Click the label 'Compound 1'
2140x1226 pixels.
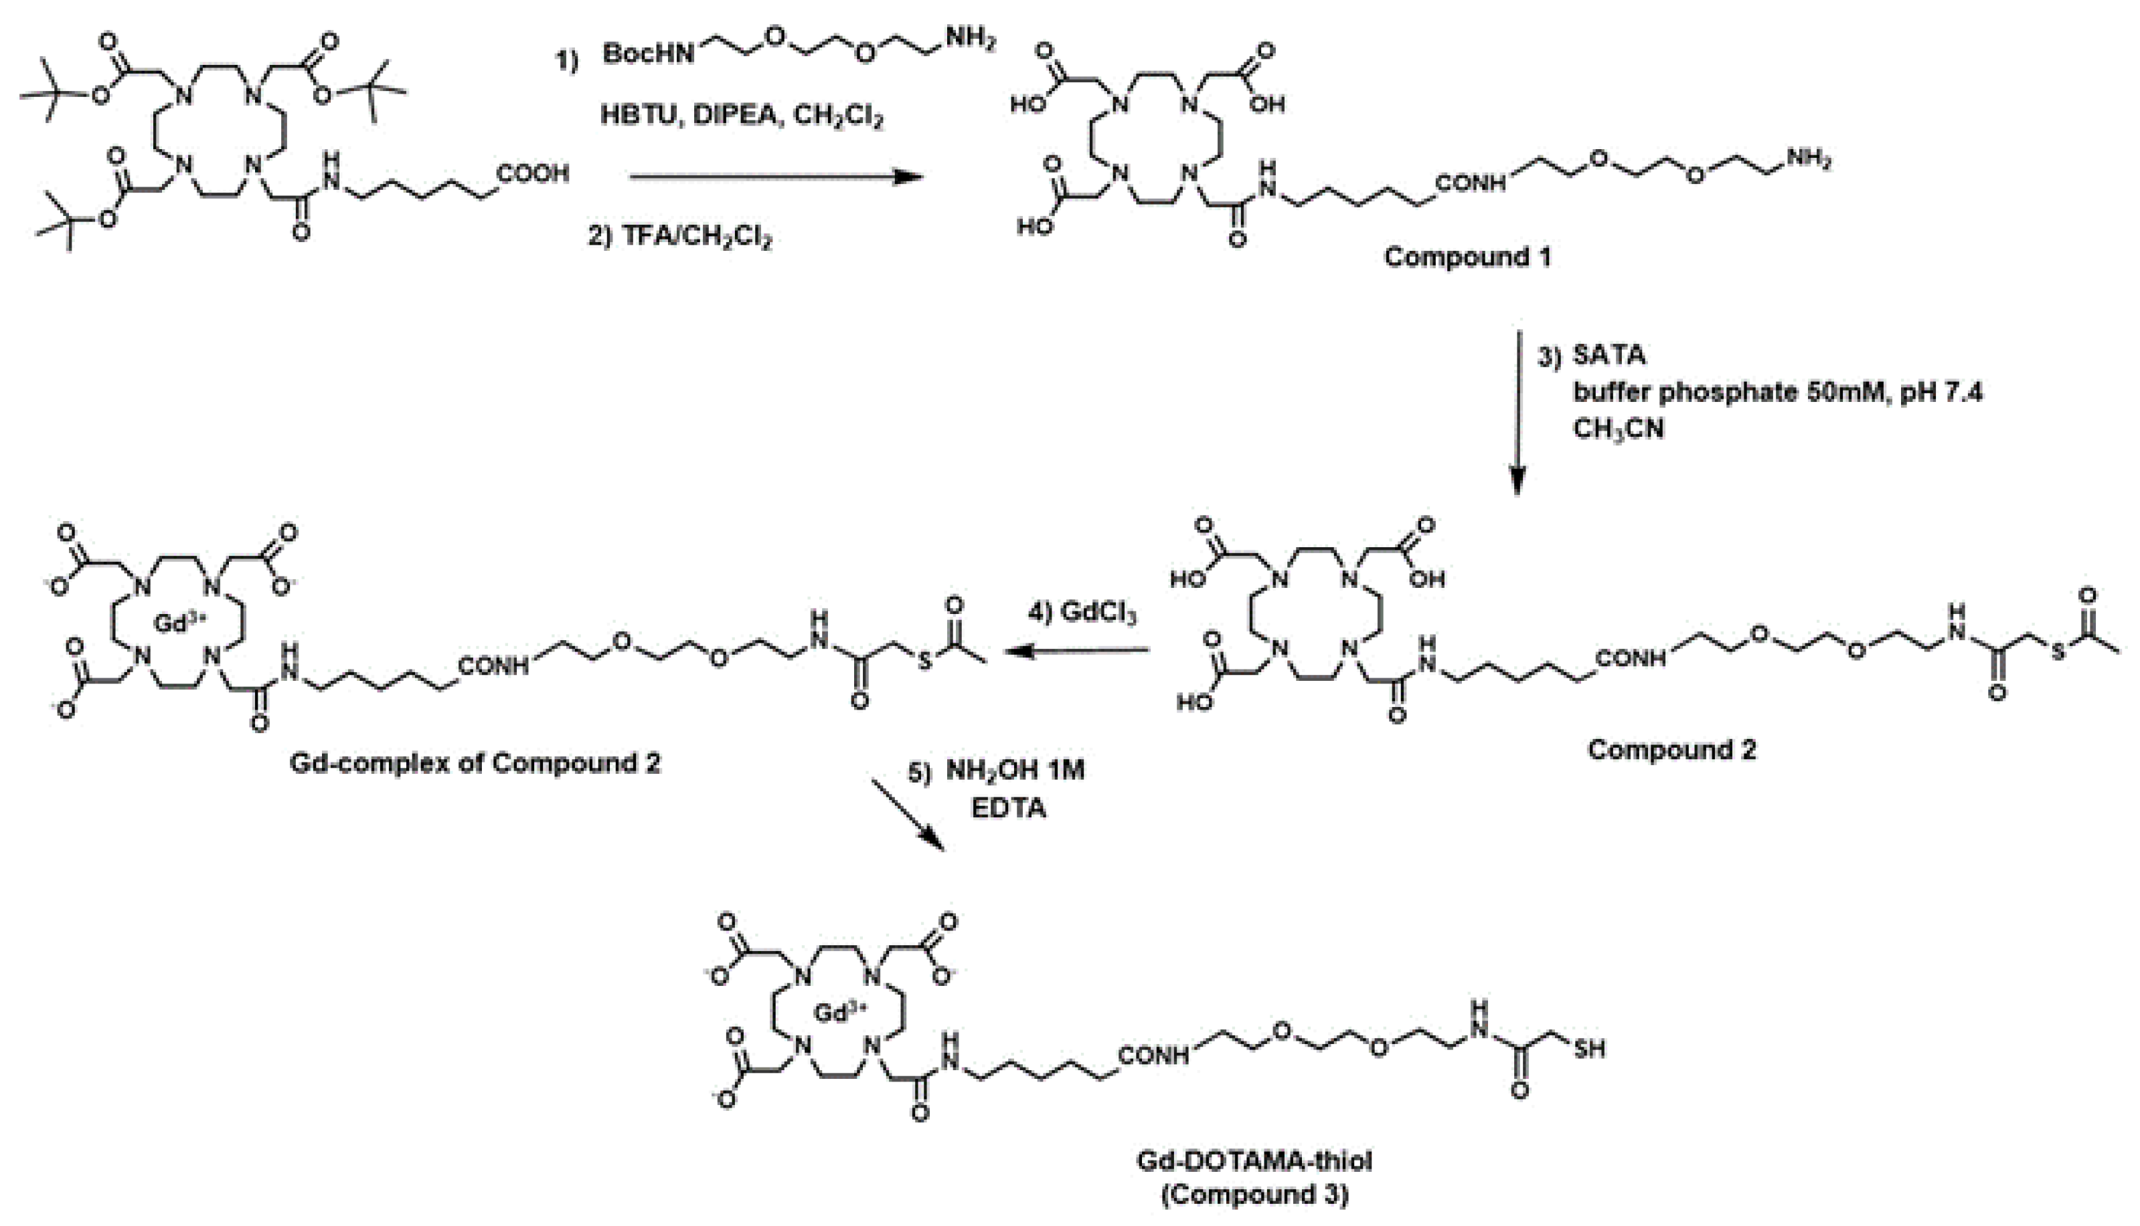(x=1467, y=257)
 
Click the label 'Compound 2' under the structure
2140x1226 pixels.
(x=1671, y=749)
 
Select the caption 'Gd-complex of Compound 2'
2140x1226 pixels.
(x=475, y=764)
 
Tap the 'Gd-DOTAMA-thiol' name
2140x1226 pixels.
(x=1254, y=1161)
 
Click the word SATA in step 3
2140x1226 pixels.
(x=1609, y=355)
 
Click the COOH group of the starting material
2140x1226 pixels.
(x=532, y=175)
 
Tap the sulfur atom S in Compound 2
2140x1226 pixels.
(x=2058, y=653)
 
